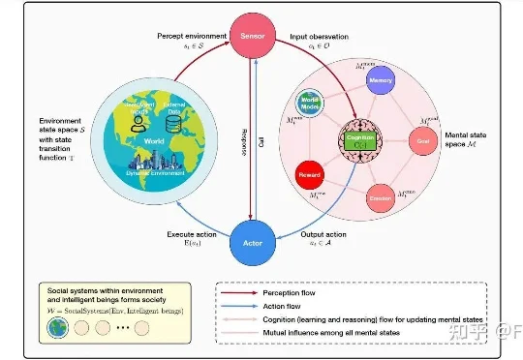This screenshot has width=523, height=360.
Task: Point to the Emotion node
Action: pyautogui.click(x=380, y=197)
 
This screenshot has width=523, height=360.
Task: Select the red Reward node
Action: pyautogui.click(x=311, y=172)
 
